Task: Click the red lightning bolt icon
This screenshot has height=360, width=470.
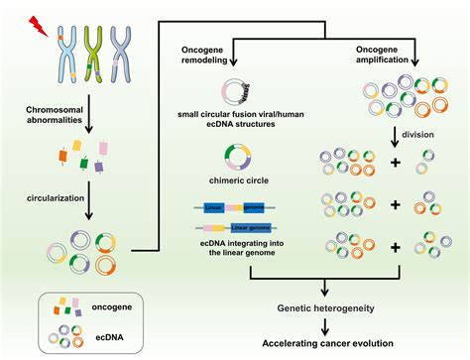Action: [x=38, y=21]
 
